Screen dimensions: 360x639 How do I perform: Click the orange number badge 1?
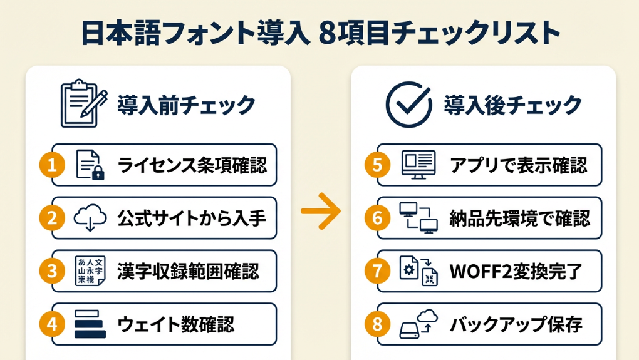[53, 165]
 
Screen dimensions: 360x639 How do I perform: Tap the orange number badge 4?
[53, 324]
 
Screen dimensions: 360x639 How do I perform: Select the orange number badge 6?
[377, 218]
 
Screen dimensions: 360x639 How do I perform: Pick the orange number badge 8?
[377, 324]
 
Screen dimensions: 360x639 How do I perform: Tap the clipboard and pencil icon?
[80, 103]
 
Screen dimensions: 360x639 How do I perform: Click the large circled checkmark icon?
[408, 104]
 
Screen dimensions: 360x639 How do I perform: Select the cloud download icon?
[90, 218]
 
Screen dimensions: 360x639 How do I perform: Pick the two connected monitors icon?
[418, 218]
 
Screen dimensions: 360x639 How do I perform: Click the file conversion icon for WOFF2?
[418, 271]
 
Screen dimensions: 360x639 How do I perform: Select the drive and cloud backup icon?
[418, 324]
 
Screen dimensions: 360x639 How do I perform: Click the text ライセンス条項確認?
[192, 165]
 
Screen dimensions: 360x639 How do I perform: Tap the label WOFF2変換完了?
[516, 271]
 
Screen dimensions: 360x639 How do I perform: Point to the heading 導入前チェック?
[187, 105]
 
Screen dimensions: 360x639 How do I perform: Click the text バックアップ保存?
[516, 324]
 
